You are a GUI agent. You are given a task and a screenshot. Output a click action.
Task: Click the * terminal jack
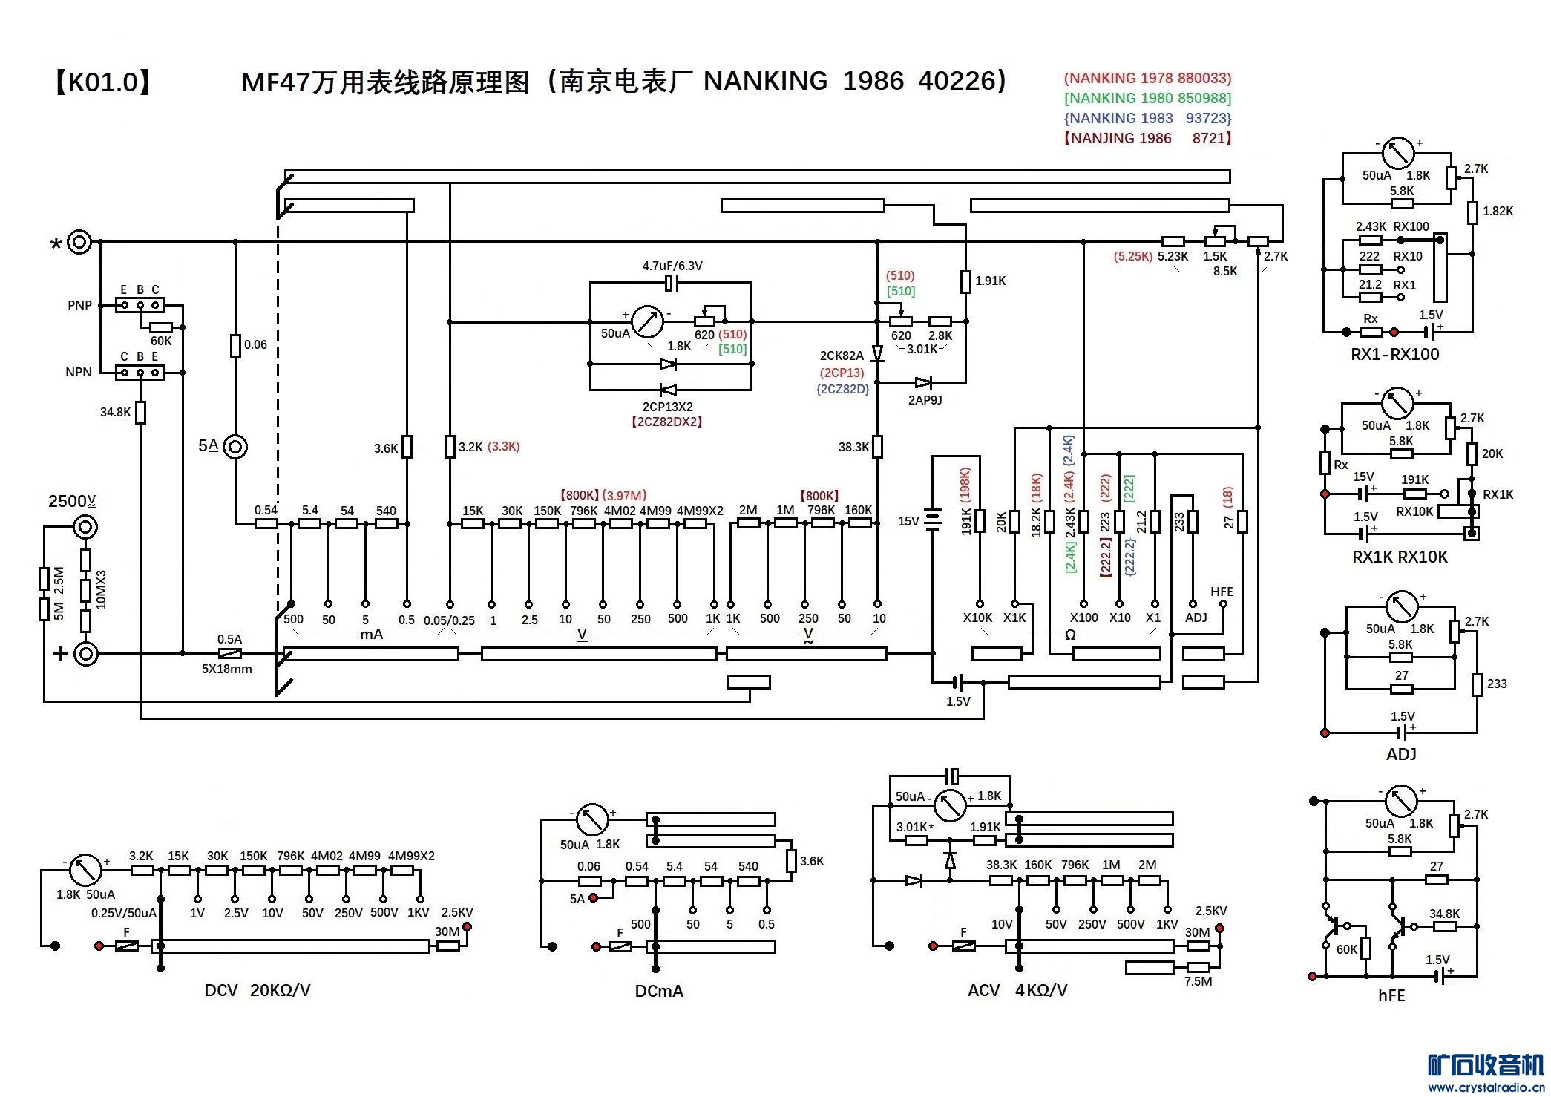pyautogui.click(x=79, y=242)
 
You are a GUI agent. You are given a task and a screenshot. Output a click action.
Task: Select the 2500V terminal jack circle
pyautogui.click(x=85, y=527)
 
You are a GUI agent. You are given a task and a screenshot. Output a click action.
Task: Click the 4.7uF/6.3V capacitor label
pyautogui.click(x=672, y=266)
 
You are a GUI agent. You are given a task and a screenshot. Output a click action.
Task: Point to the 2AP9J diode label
pyautogui.click(x=925, y=400)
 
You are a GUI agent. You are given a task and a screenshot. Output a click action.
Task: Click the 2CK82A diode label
pyautogui.click(x=842, y=356)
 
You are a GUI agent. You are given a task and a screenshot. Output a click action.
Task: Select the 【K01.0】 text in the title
pyautogui.click(x=102, y=82)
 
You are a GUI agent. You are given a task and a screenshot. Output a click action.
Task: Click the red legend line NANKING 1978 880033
pyautogui.click(x=1147, y=78)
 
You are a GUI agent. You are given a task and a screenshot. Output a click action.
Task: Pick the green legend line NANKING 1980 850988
pyautogui.click(x=1147, y=98)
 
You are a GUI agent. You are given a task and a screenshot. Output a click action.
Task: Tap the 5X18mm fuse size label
pyautogui.click(x=226, y=669)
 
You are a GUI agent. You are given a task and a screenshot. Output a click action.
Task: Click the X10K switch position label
pyautogui.click(x=977, y=618)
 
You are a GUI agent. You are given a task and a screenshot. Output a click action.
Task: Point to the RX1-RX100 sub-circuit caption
pyautogui.click(x=1394, y=354)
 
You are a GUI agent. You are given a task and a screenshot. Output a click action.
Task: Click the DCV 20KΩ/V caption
pyautogui.click(x=257, y=990)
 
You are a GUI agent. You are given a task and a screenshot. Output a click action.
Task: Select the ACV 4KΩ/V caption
pyautogui.click(x=1017, y=990)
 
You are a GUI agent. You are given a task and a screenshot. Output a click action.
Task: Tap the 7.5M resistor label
pyautogui.click(x=1198, y=981)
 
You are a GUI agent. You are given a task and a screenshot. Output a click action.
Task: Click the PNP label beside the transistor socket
pyautogui.click(x=79, y=305)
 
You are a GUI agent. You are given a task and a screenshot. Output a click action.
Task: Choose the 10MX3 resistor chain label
pyautogui.click(x=102, y=590)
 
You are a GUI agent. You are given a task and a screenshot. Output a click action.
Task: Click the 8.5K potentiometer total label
pyautogui.click(x=1224, y=272)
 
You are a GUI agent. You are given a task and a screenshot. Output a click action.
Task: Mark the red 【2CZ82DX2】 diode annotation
pyautogui.click(x=666, y=422)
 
